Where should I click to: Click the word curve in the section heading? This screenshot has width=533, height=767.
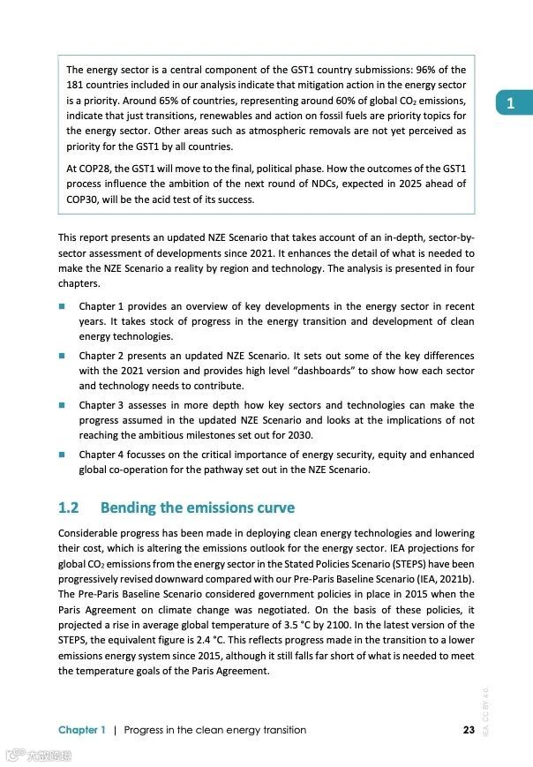pos(273,508)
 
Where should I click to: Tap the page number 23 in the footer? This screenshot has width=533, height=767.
pos(469,730)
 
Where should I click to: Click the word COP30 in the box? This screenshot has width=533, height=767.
pos(84,199)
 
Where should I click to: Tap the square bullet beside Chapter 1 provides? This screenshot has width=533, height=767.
pos(63,305)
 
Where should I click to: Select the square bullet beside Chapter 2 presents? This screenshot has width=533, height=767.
pos(63,356)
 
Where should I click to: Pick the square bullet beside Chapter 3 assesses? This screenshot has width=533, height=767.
pos(63,405)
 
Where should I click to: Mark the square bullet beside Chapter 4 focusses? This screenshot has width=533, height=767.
pos(63,455)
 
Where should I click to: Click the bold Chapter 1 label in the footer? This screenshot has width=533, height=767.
pos(82,730)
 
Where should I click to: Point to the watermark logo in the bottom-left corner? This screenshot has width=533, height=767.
pos(38,756)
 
